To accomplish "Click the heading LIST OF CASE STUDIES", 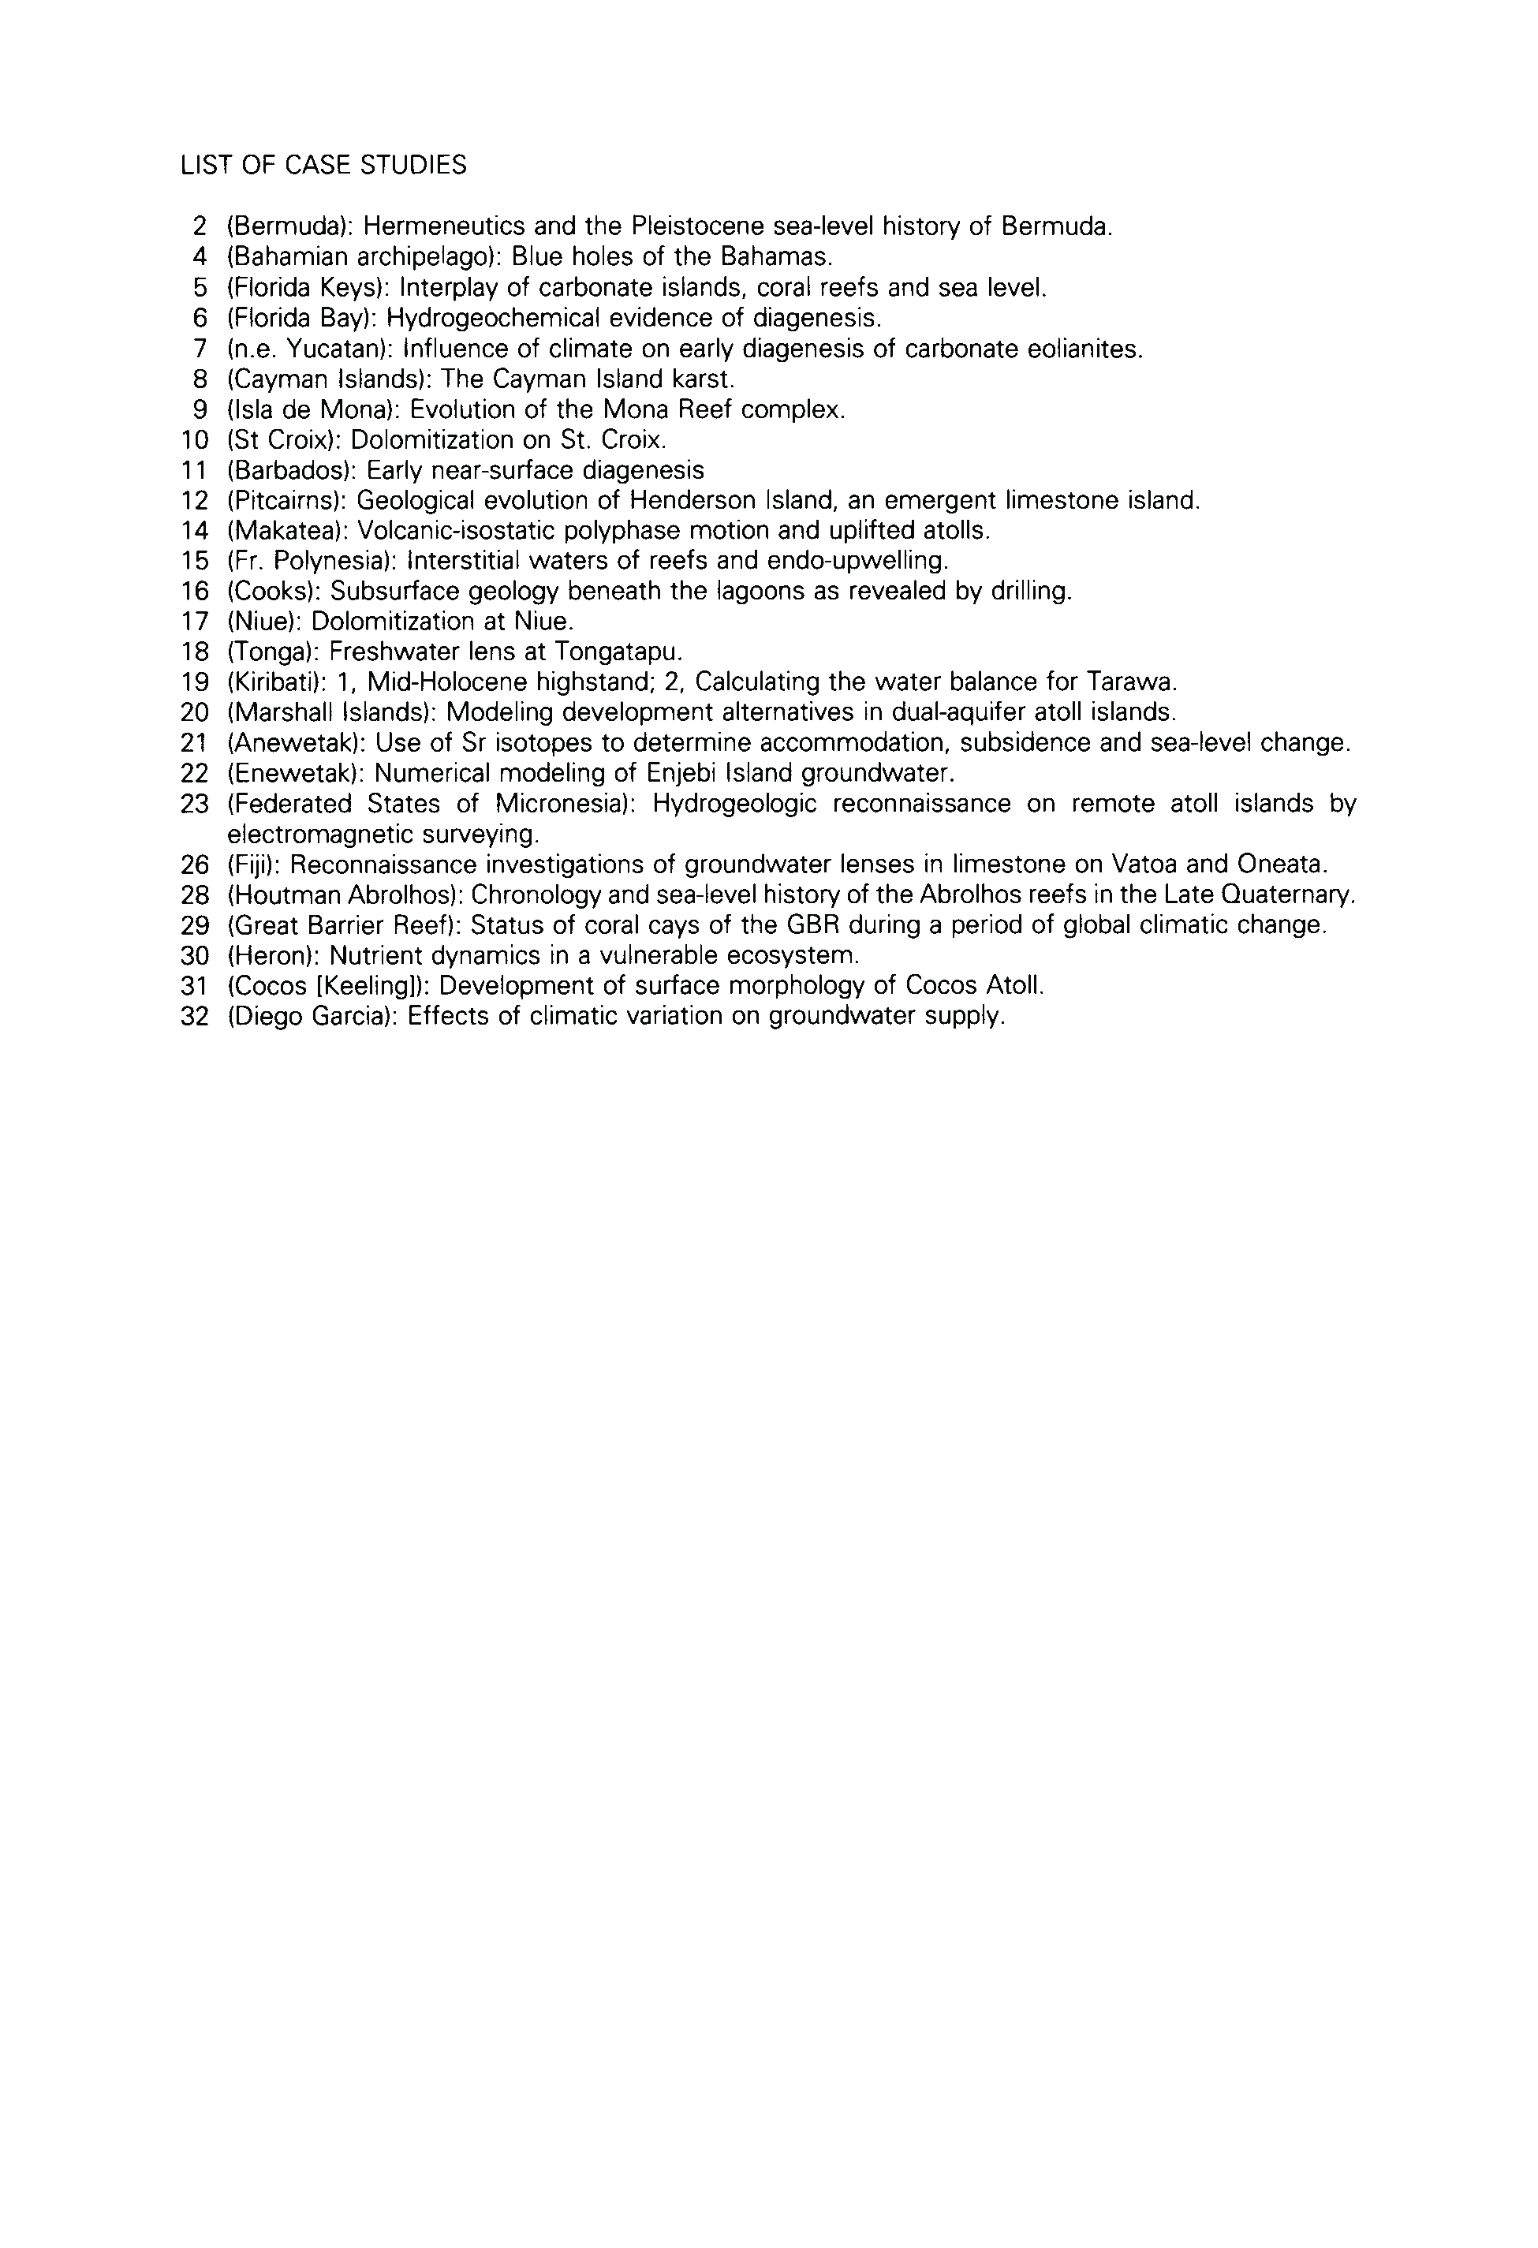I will click(323, 166).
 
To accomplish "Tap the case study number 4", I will click(200, 257).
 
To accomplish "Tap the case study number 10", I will click(195, 440).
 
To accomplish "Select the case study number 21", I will click(195, 743).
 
